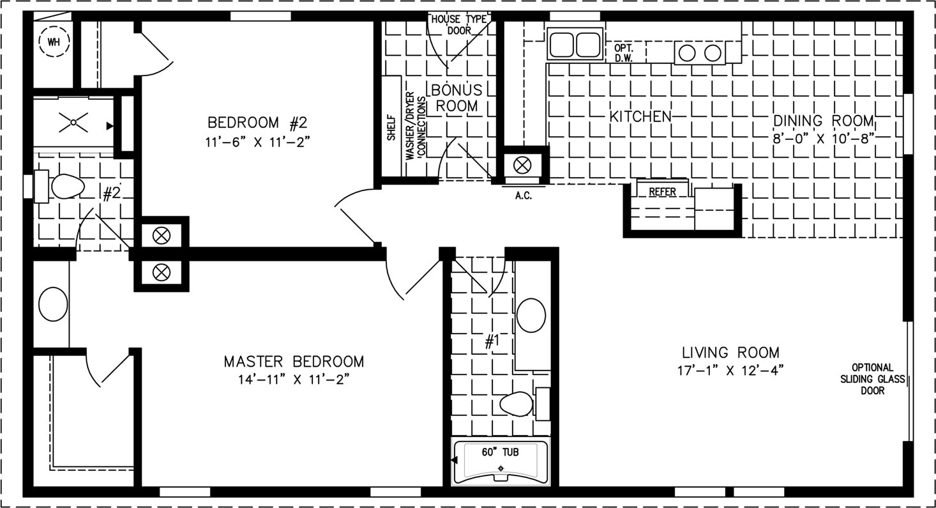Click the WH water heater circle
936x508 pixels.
click(x=54, y=42)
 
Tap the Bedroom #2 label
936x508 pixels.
click(x=257, y=123)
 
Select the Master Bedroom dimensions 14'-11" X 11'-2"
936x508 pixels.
click(x=294, y=380)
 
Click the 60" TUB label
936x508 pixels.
click(x=500, y=452)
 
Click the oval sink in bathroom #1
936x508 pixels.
click(x=531, y=315)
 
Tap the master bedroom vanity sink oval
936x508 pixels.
click(x=53, y=304)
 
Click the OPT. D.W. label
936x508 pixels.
click(x=623, y=53)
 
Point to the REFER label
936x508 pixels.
click(x=662, y=192)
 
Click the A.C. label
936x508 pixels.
click(x=523, y=196)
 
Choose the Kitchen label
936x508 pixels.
click(x=640, y=117)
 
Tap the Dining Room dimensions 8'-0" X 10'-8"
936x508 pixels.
click(x=823, y=139)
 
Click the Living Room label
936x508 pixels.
click(x=731, y=353)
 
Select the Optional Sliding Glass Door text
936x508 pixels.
click(x=873, y=379)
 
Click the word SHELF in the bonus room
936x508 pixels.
click(x=391, y=128)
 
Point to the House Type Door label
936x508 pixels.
click(x=459, y=25)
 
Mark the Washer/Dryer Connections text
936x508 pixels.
click(x=416, y=126)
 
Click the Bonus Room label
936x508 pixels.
click(x=457, y=98)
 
